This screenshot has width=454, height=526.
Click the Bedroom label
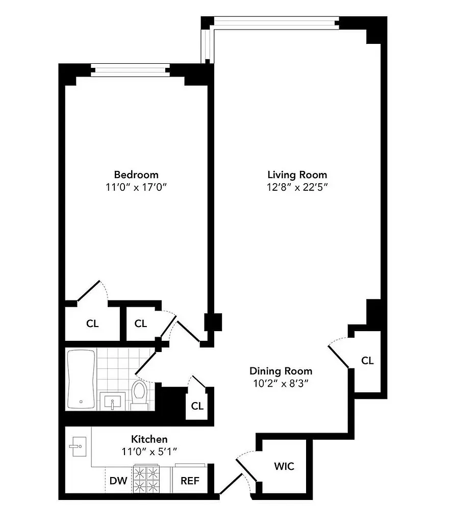point(136,174)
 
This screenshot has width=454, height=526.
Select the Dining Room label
point(281,371)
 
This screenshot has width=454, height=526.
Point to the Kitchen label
point(149,439)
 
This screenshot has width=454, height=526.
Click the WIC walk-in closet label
point(284,466)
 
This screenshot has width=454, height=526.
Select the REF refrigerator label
point(190,481)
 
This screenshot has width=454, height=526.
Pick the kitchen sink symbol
point(78,447)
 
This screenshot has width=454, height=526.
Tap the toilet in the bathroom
point(139,393)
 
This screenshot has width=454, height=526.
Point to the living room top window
point(276,21)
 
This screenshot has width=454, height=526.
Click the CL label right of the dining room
point(367,361)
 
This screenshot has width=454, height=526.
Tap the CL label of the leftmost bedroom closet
point(92,323)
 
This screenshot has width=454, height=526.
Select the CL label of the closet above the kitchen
point(197,406)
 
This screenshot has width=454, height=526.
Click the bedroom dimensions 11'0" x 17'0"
point(136,187)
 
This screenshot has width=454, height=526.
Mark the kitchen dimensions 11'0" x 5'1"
point(149,451)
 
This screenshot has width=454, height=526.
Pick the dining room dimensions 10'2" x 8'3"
point(281,383)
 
